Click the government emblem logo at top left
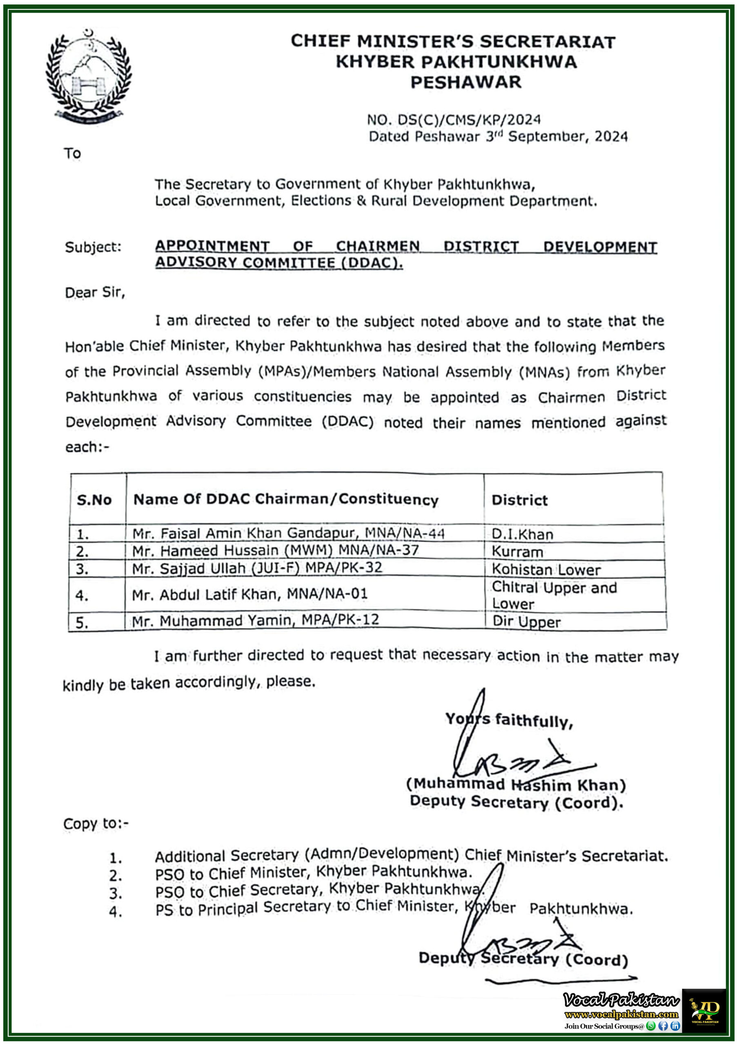click(x=88, y=76)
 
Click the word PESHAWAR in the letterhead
click(x=465, y=83)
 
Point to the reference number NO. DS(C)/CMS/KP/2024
click(x=454, y=120)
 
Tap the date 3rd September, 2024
click(x=556, y=136)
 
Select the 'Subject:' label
click(x=93, y=247)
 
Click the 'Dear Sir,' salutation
click(x=95, y=292)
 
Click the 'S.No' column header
click(x=94, y=500)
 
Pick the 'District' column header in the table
click(x=519, y=500)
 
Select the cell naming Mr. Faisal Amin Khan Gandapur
click(x=288, y=534)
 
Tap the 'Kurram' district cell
click(x=517, y=552)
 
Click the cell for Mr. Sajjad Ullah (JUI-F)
click(x=257, y=568)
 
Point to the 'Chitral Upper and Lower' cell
click(x=554, y=595)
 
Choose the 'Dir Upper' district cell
click(x=526, y=622)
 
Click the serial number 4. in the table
click(x=82, y=595)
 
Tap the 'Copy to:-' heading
click(x=96, y=824)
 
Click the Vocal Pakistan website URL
click(x=621, y=1014)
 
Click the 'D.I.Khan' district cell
click(x=522, y=534)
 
